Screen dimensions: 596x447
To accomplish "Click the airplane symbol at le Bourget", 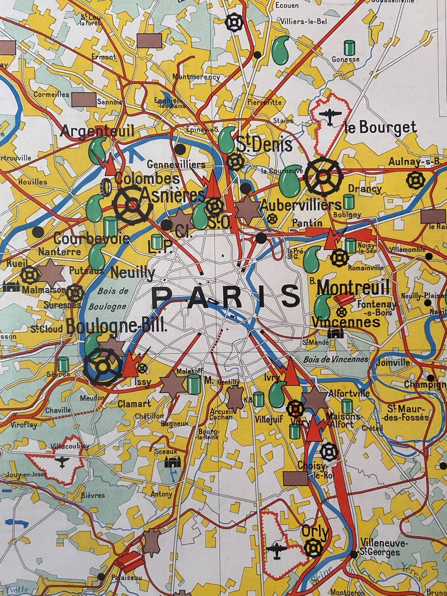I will [330, 116].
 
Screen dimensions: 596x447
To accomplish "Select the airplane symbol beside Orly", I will [277, 551].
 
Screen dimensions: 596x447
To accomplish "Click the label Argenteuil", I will [97, 130].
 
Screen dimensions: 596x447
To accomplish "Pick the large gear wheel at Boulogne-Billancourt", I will [103, 367].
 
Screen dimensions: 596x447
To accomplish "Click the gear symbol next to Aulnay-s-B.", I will [416, 180].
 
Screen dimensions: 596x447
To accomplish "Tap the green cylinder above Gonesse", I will [349, 48].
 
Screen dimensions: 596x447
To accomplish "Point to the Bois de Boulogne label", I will [108, 299].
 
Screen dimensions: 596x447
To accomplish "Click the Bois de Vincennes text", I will [336, 359].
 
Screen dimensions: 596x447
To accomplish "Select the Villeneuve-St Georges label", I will [380, 548].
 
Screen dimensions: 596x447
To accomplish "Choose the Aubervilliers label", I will [300, 205].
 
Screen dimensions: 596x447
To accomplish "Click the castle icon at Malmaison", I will [11, 286].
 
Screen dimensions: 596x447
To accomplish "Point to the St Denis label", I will [265, 145].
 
